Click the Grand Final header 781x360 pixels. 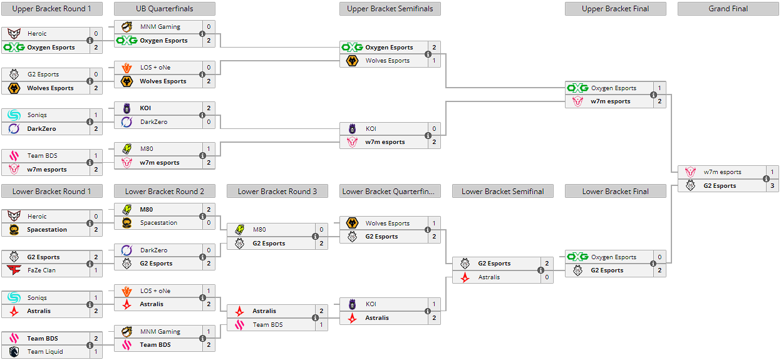tap(728, 9)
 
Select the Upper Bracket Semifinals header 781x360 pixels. tap(390, 9)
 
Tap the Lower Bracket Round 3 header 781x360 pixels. tap(277, 192)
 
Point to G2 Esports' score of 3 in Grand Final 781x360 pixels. tap(772, 186)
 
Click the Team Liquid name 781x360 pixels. tap(45, 352)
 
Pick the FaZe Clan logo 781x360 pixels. tap(14, 270)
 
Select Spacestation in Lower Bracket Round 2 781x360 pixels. tap(158, 223)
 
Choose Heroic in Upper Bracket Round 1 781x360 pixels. tap(37, 34)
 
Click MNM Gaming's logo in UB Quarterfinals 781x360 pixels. tap(127, 27)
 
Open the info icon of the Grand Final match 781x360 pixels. tap(766, 179)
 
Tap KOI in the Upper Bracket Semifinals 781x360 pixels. tap(371, 129)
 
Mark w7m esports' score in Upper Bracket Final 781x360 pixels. tap(659, 101)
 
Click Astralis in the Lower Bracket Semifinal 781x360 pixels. tap(489, 277)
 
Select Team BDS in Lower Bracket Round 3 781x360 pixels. tap(267, 325)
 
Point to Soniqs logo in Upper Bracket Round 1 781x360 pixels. tap(14, 115)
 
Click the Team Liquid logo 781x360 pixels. tap(14, 352)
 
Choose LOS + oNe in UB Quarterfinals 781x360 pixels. tap(155, 68)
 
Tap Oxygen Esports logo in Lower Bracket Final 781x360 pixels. tap(577, 257)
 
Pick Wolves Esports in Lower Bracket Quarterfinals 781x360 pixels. tap(387, 224)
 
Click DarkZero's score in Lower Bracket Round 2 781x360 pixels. tap(208, 250)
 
